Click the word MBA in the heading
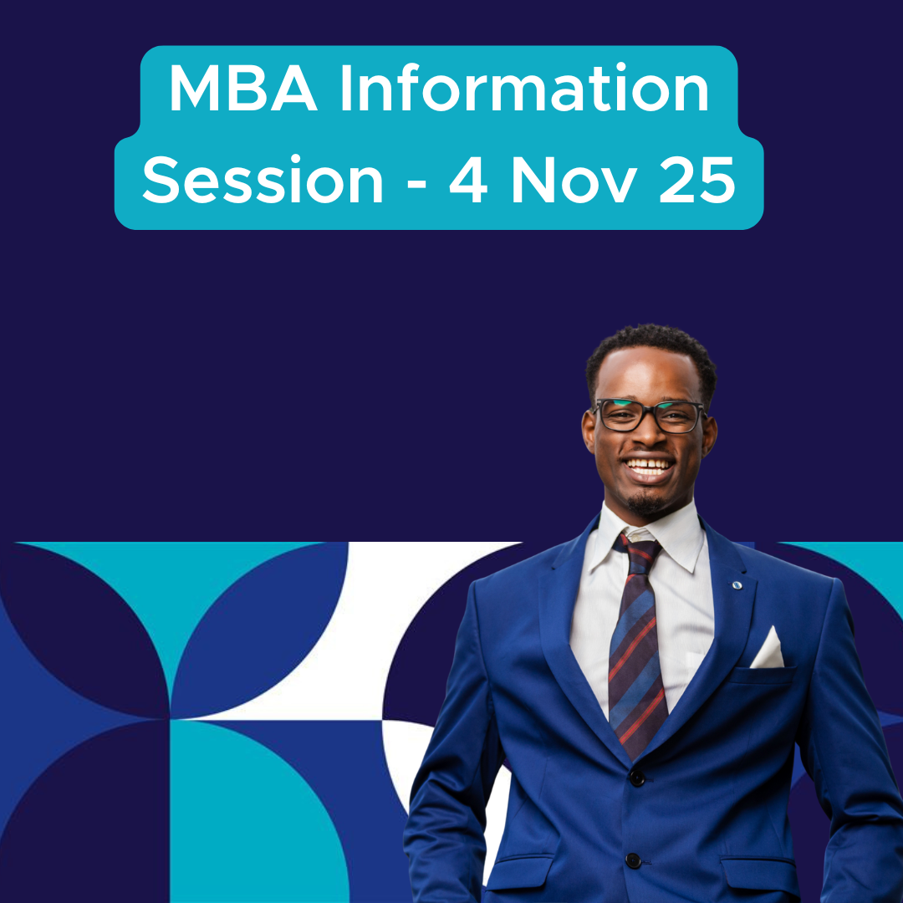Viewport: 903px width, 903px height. point(242,90)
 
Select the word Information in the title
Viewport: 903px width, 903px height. point(524,90)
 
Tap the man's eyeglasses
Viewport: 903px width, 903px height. point(650,416)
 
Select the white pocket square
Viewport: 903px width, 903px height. point(768,650)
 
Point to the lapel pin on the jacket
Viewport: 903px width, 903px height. point(737,584)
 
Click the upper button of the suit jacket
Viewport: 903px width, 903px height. point(637,778)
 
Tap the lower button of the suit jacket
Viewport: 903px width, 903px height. point(633,860)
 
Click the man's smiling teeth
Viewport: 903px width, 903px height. point(650,465)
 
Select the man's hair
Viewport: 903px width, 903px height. point(650,351)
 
